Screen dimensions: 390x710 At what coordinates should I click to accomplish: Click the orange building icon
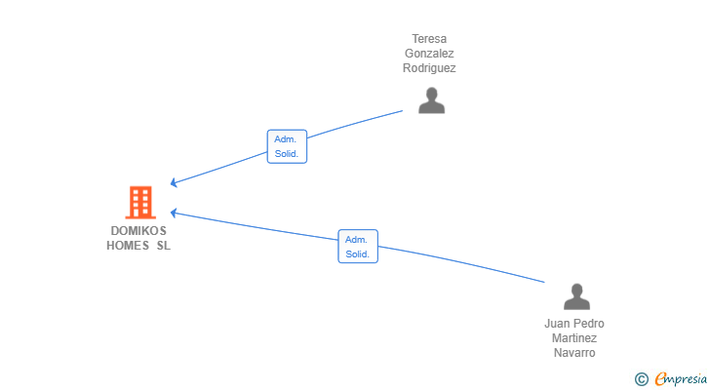click(x=140, y=202)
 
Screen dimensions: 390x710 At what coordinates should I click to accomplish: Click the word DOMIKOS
click(x=138, y=231)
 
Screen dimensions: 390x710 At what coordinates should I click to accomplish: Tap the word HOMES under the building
click(x=126, y=246)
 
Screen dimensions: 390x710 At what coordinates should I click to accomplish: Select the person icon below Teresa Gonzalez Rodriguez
click(x=431, y=100)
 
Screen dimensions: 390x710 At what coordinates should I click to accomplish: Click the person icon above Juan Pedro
click(x=576, y=296)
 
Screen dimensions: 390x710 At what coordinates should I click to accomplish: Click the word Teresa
click(x=429, y=39)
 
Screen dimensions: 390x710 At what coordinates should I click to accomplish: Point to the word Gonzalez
click(x=429, y=54)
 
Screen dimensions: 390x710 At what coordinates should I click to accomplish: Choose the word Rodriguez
click(x=429, y=68)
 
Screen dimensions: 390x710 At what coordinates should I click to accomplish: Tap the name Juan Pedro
click(x=574, y=324)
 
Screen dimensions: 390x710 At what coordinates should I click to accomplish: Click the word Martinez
click(x=574, y=338)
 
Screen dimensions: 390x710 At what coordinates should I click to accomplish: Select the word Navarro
click(x=574, y=353)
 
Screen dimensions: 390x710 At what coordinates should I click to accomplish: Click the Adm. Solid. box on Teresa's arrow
click(x=287, y=146)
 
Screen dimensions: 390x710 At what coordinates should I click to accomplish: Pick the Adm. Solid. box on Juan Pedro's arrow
click(x=358, y=247)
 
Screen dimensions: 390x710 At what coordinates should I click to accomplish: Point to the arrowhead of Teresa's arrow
click(x=174, y=182)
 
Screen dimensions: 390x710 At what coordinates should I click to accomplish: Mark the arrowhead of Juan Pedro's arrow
click(x=174, y=212)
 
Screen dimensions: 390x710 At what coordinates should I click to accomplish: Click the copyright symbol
click(x=641, y=378)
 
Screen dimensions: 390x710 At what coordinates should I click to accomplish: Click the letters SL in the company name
click(x=163, y=246)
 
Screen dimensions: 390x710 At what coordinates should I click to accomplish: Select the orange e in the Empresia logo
click(x=660, y=378)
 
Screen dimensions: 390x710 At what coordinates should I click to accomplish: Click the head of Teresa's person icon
click(x=431, y=94)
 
